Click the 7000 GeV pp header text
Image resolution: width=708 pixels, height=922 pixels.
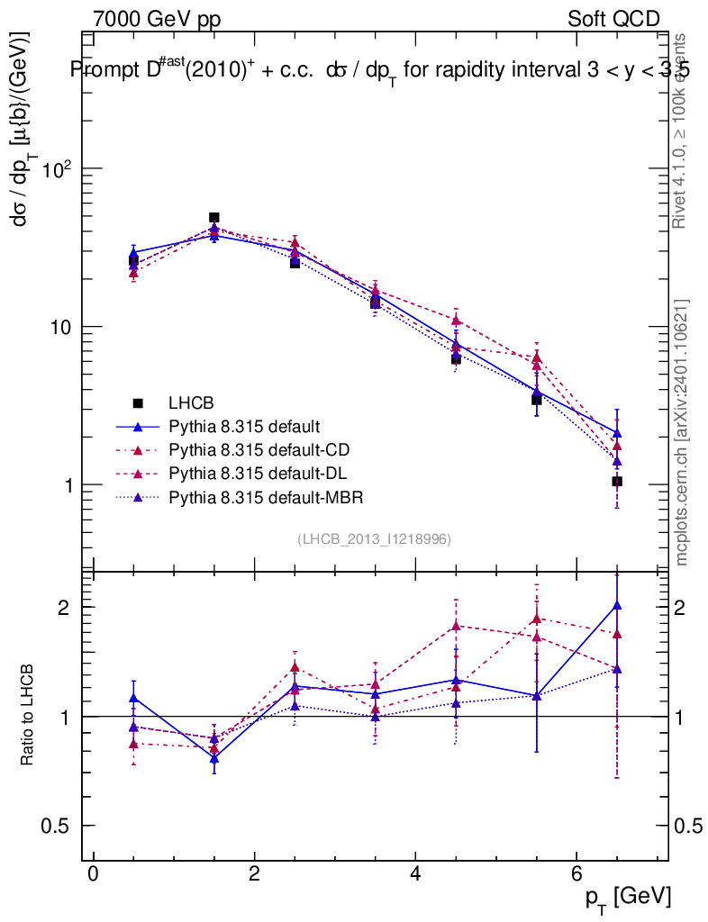157,19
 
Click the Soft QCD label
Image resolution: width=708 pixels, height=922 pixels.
613,19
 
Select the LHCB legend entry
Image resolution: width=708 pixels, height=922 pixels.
188,402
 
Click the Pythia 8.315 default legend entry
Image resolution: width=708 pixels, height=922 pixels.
243,426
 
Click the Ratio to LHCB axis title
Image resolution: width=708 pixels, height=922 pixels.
28,717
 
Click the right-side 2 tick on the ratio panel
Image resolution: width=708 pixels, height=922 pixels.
689,608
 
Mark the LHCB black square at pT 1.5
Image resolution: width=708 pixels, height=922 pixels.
214,217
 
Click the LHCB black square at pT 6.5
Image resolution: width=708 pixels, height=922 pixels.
617,482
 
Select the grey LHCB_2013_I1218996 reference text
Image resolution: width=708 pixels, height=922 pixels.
374,539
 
